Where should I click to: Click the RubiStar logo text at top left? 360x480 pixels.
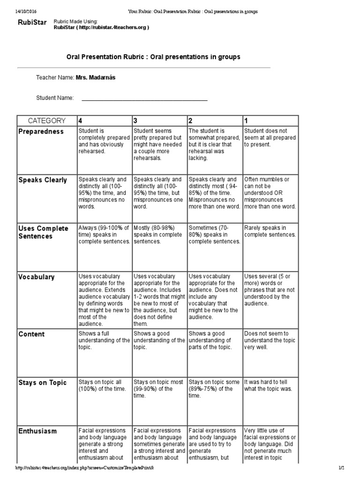pos(32,22)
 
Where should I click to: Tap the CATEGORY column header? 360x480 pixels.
pos(47,120)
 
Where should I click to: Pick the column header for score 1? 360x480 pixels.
pos(246,120)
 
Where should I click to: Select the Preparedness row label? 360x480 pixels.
pos(41,132)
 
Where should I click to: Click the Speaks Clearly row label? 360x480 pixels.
pos(43,180)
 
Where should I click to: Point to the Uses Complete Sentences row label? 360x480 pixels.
pos(43,232)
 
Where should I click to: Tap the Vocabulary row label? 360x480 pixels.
pos(37,277)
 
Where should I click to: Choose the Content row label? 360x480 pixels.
pos(31,334)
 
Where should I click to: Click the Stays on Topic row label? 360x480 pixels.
pos(43,383)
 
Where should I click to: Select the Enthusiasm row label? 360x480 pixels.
pos(37,431)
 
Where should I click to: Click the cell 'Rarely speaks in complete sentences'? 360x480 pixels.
pos(270,231)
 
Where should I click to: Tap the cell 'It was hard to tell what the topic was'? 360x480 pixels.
pos(270,385)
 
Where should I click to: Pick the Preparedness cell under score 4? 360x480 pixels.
pos(104,141)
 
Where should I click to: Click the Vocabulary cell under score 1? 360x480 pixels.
pos(270,290)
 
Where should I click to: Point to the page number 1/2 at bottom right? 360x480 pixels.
pos(341,468)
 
